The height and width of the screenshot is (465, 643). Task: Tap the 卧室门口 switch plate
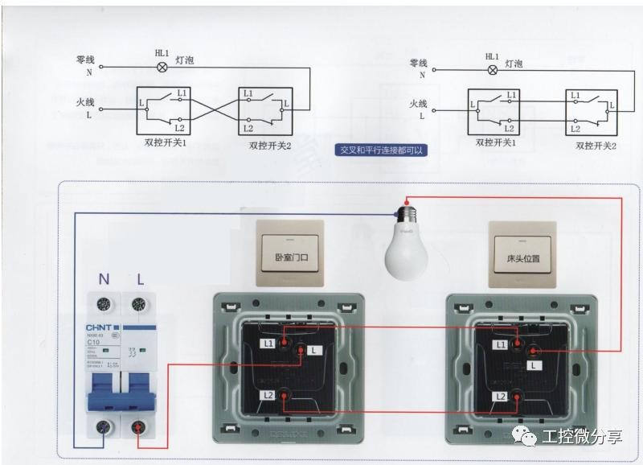coord(290,253)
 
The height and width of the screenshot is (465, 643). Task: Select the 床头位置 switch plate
coord(522,253)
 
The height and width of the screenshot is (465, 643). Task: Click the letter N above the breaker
coord(104,280)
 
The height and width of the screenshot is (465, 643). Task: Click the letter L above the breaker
coord(140,280)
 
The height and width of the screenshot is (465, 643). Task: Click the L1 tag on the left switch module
coord(268,344)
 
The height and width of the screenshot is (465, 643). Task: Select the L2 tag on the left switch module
coord(267,394)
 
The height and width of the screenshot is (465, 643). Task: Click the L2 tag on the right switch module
coord(501,397)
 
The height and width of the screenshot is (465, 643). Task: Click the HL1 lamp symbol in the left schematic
coord(161,68)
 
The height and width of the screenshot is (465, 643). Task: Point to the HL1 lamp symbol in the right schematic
coord(492,69)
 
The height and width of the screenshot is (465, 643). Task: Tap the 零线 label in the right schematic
coord(418,63)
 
